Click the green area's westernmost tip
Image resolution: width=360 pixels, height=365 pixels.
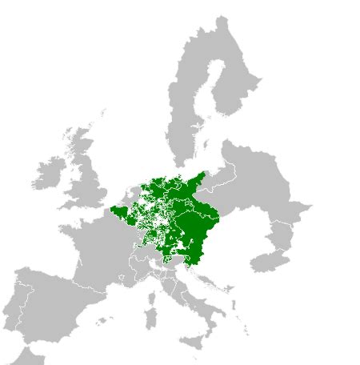111,212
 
